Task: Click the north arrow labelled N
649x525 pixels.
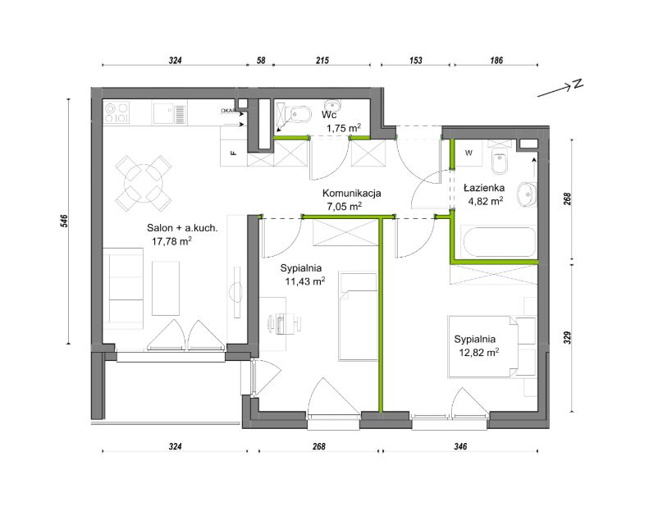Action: click(x=560, y=89)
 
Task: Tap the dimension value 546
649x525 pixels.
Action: click(x=64, y=221)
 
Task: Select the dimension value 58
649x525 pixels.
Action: click(x=261, y=61)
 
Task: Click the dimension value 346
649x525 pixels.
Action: click(x=460, y=446)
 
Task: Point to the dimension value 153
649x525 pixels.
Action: click(x=415, y=61)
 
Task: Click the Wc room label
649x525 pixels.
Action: click(x=329, y=115)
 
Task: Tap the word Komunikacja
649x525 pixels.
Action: click(x=351, y=194)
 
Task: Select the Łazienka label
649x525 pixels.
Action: click(x=484, y=188)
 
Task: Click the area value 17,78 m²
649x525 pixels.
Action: click(x=171, y=241)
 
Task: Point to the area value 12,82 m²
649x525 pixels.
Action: click(x=479, y=353)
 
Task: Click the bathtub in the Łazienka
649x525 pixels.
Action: click(x=500, y=243)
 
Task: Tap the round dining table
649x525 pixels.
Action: click(x=144, y=183)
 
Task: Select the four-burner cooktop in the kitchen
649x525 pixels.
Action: click(x=117, y=113)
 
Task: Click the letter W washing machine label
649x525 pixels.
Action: click(x=468, y=153)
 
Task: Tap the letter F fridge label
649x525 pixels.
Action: click(x=234, y=153)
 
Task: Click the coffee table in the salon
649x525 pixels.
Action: click(x=166, y=288)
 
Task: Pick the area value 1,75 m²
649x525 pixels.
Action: click(x=344, y=128)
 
